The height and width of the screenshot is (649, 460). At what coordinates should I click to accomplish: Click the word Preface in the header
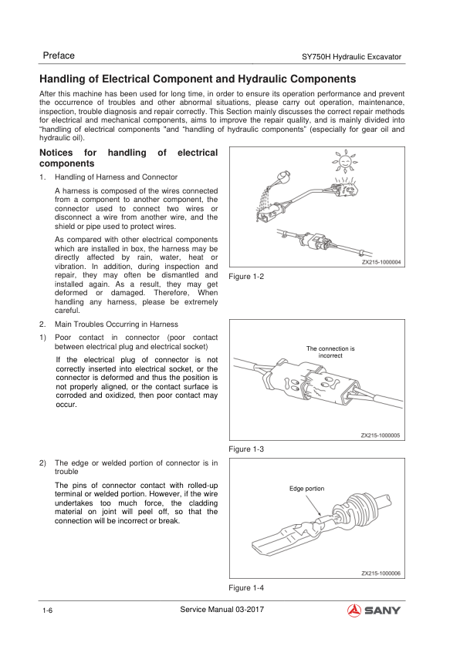pyautogui.click(x=59, y=55)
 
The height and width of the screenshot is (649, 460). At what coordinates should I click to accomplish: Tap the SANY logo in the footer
pyautogui.click(x=374, y=610)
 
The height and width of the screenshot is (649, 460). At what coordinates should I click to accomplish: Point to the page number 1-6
pyautogui.click(x=47, y=611)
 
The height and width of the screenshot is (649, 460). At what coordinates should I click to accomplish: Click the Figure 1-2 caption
pyautogui.click(x=246, y=277)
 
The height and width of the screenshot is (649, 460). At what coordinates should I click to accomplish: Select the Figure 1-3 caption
pyautogui.click(x=246, y=449)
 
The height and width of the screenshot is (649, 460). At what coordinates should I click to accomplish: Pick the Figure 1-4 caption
pyautogui.click(x=246, y=588)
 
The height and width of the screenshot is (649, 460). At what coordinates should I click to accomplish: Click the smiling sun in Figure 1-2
pyautogui.click(x=345, y=161)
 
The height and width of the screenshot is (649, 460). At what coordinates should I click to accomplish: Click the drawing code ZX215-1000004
pyautogui.click(x=381, y=262)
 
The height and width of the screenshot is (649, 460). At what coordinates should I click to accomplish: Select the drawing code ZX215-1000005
pyautogui.click(x=381, y=435)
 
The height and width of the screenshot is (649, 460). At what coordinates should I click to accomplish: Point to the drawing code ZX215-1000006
pyautogui.click(x=381, y=573)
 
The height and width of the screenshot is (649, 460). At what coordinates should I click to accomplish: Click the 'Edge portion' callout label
pyautogui.click(x=306, y=489)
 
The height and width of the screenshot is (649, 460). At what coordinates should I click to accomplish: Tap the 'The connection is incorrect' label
pyautogui.click(x=330, y=351)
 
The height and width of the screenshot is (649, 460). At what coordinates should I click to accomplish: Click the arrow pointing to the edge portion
pyautogui.click(x=313, y=506)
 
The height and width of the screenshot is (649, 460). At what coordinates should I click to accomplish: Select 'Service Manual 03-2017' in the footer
pyautogui.click(x=222, y=609)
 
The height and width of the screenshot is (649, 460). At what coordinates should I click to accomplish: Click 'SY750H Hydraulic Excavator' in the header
pyautogui.click(x=351, y=57)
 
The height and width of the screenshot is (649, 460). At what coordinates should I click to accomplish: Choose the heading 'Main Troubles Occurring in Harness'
pyautogui.click(x=117, y=324)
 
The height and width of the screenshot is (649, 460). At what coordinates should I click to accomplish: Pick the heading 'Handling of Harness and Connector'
pyautogui.click(x=116, y=177)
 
